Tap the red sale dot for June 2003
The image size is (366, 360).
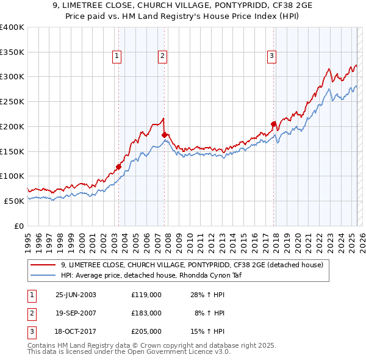pos(119,167)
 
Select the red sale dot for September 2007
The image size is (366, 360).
pos(165,134)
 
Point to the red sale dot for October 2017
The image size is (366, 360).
pos(273,124)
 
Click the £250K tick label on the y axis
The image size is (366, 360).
pos(12,101)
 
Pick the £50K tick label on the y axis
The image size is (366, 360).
pos(14,201)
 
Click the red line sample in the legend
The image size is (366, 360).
pos(43,265)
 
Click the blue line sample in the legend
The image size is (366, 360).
pos(43,275)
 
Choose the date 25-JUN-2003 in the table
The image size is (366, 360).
pos(76,295)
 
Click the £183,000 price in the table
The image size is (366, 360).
pos(146,313)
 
